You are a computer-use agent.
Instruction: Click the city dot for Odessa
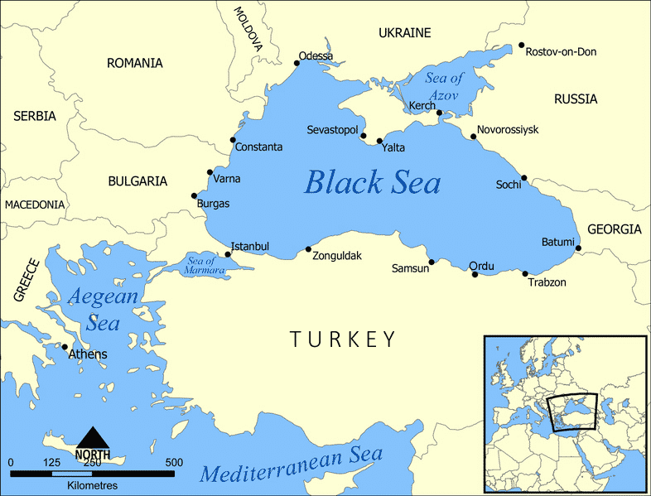[x=297, y=63]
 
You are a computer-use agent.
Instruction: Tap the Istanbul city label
[x=249, y=247]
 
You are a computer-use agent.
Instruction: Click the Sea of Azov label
[x=446, y=84]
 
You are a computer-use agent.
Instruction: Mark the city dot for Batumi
[x=578, y=248]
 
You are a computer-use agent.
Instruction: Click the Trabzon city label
[x=547, y=282]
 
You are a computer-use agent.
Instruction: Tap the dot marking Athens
[x=65, y=347]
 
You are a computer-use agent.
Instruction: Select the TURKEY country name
[x=343, y=339]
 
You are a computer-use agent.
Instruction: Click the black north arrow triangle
[x=92, y=436]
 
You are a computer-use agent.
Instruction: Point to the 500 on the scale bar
[x=174, y=462]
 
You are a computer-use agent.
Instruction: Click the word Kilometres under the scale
[x=92, y=484]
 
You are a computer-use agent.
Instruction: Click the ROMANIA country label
[x=134, y=63]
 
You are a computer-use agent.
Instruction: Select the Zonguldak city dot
[x=308, y=249]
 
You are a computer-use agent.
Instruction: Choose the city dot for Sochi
[x=523, y=177]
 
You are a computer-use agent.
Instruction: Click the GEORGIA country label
[x=614, y=229]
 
